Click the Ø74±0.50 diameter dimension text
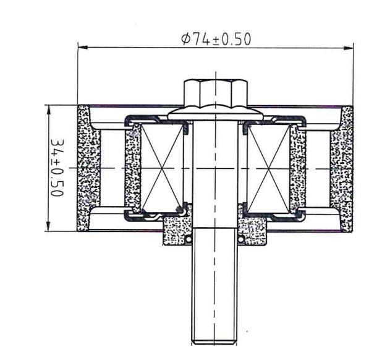pos(216,39)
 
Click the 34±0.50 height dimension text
pos(57,168)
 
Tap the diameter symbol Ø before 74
pos(185,39)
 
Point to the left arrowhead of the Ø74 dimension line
pos(82,46)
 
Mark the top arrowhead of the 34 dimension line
pos(48,108)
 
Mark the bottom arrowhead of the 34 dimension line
pos(48,228)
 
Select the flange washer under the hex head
pos(214,114)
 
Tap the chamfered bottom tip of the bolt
pos(214,341)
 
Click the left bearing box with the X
pos(164,168)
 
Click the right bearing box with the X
pos(268,168)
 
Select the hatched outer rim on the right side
pos(346,168)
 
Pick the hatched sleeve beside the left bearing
pos(132,168)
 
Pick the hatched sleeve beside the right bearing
pos(298,168)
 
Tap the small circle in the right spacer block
pos(240,239)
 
